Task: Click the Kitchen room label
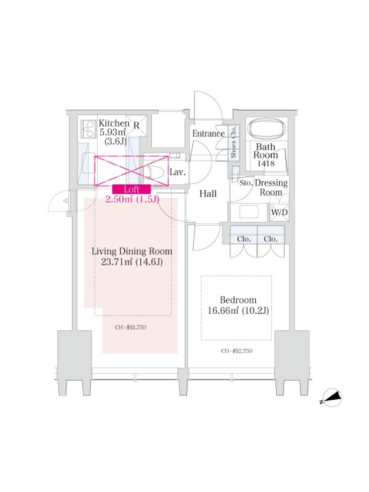[114, 123]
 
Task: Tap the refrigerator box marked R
[137, 125]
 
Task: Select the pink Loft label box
[132, 189]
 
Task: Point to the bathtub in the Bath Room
[267, 129]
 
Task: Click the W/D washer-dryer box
[279, 212]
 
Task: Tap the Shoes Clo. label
[234, 143]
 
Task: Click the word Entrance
[208, 133]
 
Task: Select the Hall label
[208, 194]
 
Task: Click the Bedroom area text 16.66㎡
[223, 311]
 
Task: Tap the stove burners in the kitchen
[88, 129]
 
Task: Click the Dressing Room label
[271, 188]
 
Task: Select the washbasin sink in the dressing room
[248, 212]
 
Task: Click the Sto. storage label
[246, 183]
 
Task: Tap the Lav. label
[178, 172]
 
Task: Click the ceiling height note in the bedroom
[237, 351]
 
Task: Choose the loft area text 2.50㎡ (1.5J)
[132, 199]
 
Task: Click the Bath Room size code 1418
[266, 163]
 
